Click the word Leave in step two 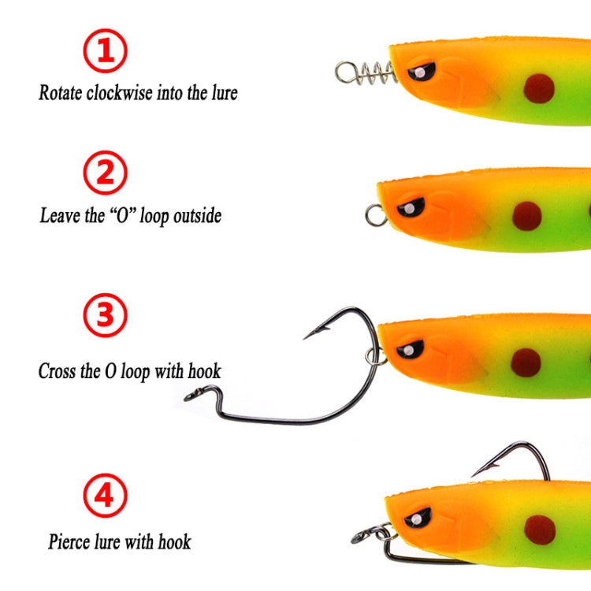pyautogui.click(x=58, y=215)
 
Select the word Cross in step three pyautogui.click(x=57, y=371)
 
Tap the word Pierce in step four pyautogui.click(x=69, y=542)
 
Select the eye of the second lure pyautogui.click(x=411, y=208)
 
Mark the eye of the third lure pyautogui.click(x=410, y=348)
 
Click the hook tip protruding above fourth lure pyautogui.click(x=476, y=474)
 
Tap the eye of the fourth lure pyautogui.click(x=418, y=518)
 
